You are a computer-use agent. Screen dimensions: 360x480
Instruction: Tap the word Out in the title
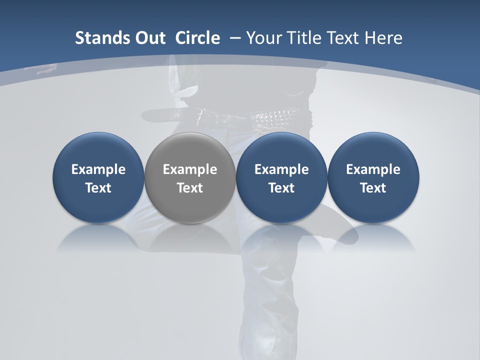148,38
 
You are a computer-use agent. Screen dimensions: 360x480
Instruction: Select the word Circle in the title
197,38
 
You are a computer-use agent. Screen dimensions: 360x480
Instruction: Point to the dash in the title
234,38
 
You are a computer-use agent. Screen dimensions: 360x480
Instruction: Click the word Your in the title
262,38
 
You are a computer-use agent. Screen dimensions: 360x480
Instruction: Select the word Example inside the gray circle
190,169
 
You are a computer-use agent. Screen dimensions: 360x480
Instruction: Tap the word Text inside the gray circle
190,188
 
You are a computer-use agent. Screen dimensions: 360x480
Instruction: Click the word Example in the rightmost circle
373,169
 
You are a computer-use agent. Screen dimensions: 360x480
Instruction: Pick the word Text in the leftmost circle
98,188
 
